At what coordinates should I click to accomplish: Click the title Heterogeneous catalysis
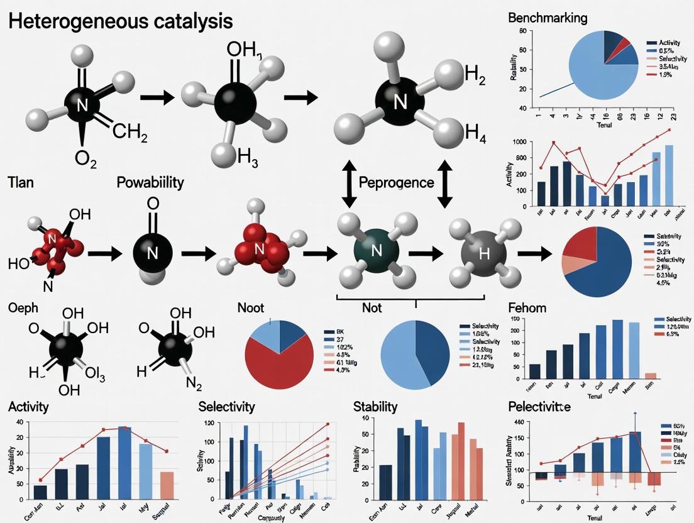coord(120,21)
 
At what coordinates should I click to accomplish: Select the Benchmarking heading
coord(547,18)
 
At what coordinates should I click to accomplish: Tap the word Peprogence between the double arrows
coord(395,183)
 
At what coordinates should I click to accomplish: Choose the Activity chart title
coord(28,407)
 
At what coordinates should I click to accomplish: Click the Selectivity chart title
coord(226,407)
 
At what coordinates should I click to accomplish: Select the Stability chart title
coord(375,407)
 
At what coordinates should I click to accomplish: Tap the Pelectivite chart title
coord(539,407)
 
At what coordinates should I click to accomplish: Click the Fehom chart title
coord(527,308)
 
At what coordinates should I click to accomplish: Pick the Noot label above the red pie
coord(251,308)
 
